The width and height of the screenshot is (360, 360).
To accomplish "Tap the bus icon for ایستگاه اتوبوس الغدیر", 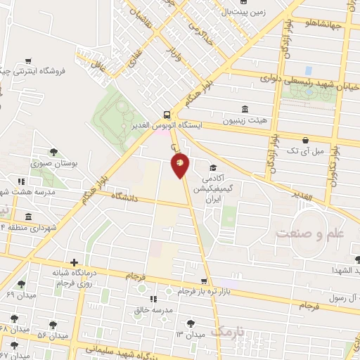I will click(167, 113).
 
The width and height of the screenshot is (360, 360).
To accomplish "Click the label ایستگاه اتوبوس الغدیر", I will click(167, 125).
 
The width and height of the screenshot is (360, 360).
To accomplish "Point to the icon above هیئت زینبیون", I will click(244, 108).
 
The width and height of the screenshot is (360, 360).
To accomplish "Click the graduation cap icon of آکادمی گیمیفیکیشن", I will click(212, 168).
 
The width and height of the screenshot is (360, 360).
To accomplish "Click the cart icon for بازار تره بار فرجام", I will click(204, 280).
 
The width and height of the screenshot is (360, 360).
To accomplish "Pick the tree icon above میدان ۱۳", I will click(189, 323).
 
